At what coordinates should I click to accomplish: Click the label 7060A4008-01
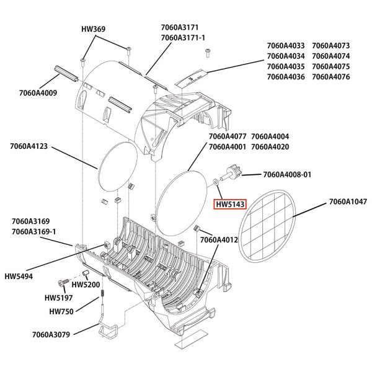coord(287,175)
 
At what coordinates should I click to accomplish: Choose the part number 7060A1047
coord(347,201)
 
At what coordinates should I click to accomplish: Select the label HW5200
coord(86,285)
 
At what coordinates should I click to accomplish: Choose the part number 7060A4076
coord(332,77)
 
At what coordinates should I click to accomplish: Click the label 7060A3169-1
coord(33,231)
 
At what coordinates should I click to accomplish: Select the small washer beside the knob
coord(214,182)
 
